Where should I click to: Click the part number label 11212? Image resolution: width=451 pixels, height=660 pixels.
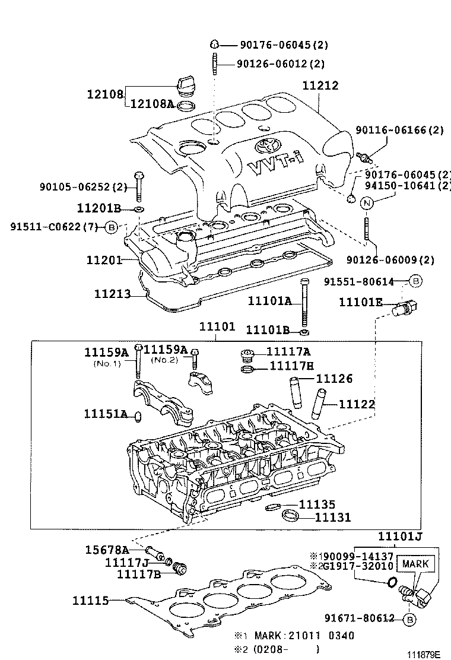[320, 85]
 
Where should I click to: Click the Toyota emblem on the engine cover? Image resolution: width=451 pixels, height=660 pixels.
[264, 144]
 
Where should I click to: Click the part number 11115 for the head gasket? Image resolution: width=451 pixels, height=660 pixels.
[90, 601]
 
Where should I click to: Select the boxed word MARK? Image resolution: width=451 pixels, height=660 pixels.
[415, 563]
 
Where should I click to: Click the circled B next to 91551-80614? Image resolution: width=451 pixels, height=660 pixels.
[416, 281]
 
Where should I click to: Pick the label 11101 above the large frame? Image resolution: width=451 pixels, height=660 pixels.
[217, 327]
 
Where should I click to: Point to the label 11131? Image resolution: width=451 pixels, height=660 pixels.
[333, 517]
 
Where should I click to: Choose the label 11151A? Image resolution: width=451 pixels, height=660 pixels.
[106, 413]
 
